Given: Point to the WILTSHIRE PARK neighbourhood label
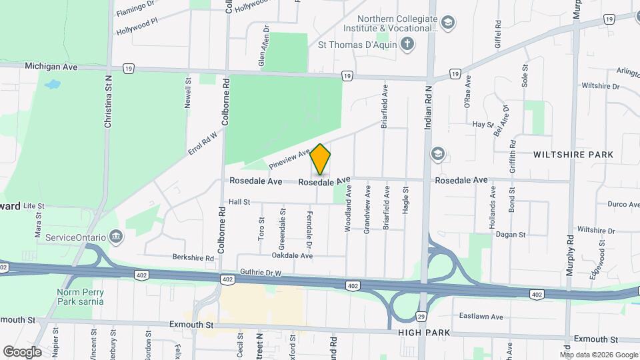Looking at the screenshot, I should [x=573, y=155].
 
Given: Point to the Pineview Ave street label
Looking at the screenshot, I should [x=289, y=159].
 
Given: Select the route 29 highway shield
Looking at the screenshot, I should [x=421, y=315].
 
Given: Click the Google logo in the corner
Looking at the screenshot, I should [x=22, y=351].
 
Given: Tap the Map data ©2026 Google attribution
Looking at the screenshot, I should [x=598, y=355].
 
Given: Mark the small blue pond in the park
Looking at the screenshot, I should [x=51, y=85].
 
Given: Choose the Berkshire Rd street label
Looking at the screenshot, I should [x=191, y=257].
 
